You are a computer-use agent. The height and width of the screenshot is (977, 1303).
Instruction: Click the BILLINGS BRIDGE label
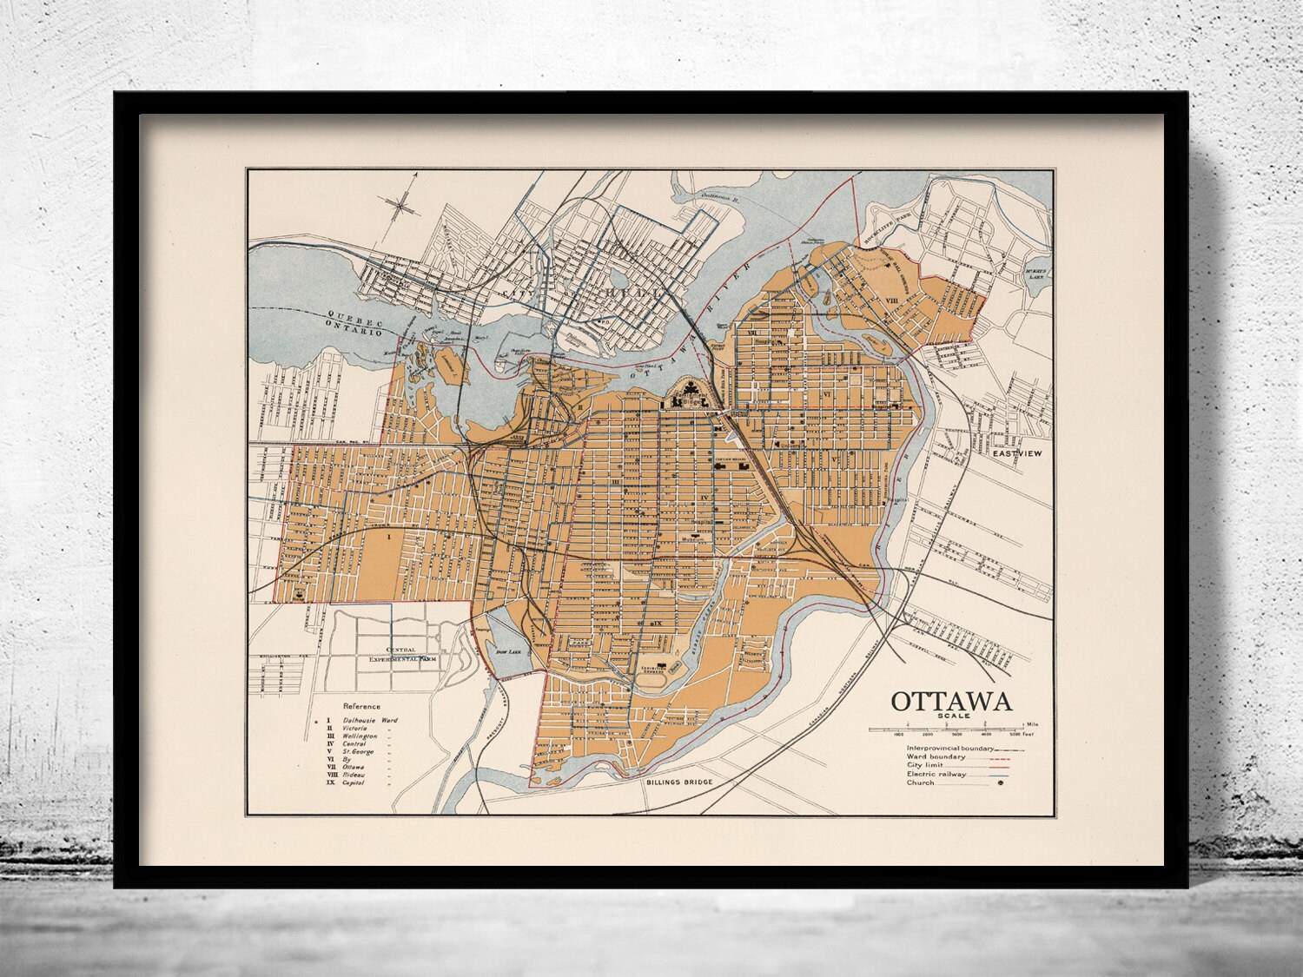679,782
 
